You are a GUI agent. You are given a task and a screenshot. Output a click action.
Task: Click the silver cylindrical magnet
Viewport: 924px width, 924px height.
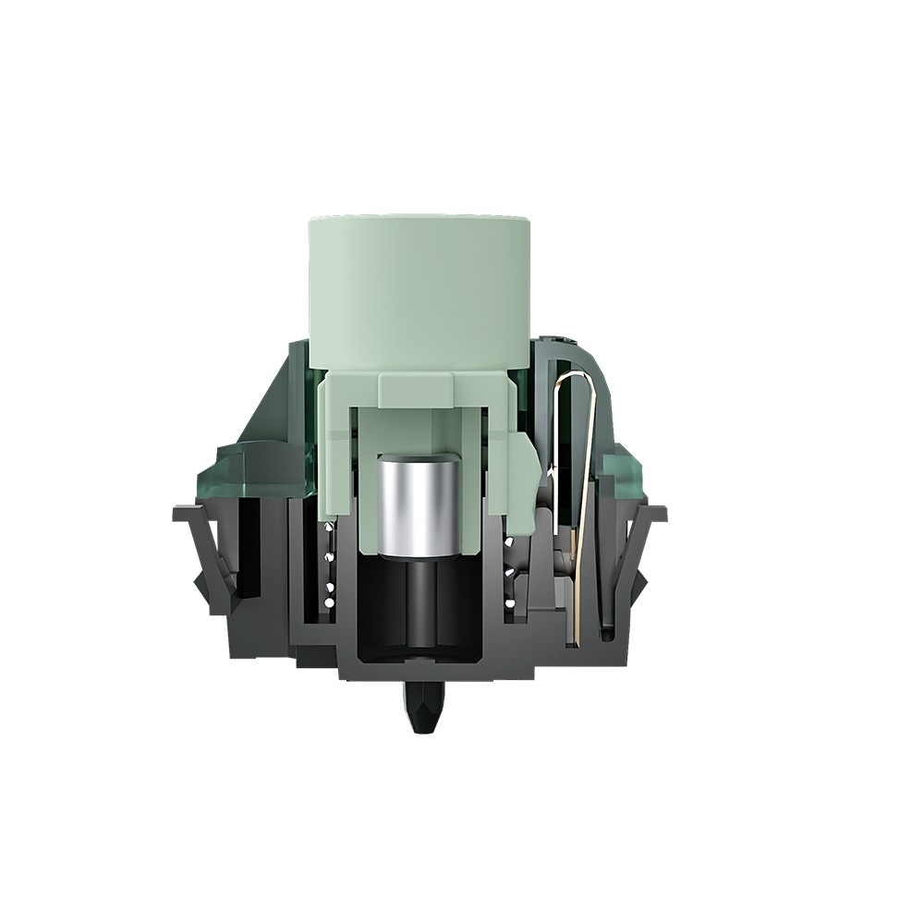pos(419,504)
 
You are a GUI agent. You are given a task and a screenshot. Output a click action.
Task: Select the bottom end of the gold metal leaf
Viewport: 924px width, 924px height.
pos(575,638)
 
